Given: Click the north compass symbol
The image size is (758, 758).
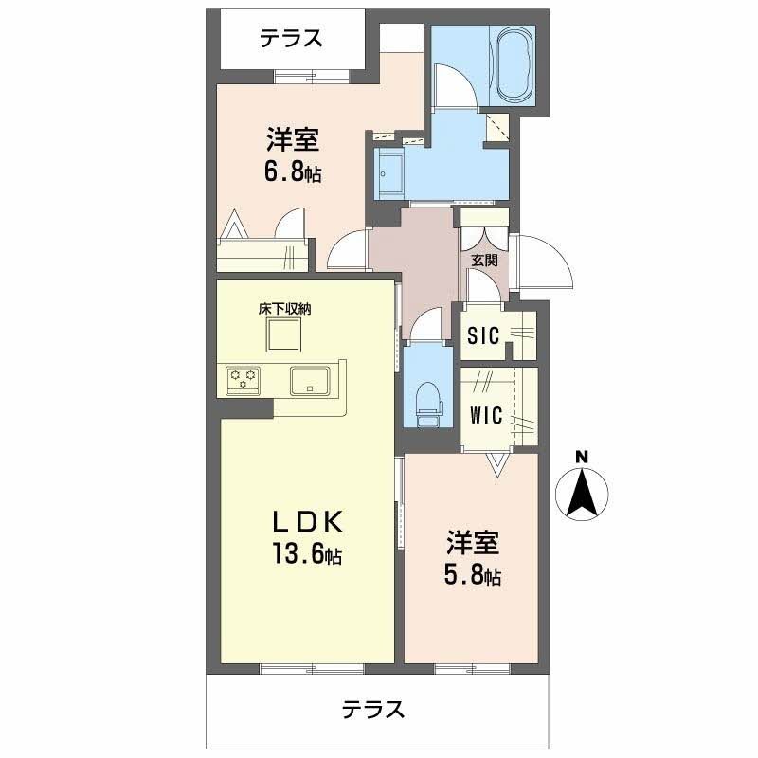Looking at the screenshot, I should (x=582, y=494).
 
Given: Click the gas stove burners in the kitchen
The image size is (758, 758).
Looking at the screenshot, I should (x=243, y=380).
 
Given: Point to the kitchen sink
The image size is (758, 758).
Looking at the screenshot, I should (x=309, y=380).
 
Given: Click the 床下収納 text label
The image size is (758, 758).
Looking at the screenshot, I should (x=284, y=308).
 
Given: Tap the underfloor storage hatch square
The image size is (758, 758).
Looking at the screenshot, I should (x=283, y=335).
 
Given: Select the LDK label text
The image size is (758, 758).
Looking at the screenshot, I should (x=306, y=522).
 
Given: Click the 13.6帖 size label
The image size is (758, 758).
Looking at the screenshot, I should (x=306, y=556).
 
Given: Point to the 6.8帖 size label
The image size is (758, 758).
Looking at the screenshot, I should (x=291, y=173).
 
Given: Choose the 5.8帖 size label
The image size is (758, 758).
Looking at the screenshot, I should (x=473, y=575).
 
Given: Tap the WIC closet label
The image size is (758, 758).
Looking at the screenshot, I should (x=486, y=414).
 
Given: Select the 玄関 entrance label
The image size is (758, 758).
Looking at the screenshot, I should (x=484, y=261).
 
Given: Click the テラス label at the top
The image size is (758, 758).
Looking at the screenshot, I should (x=292, y=38).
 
